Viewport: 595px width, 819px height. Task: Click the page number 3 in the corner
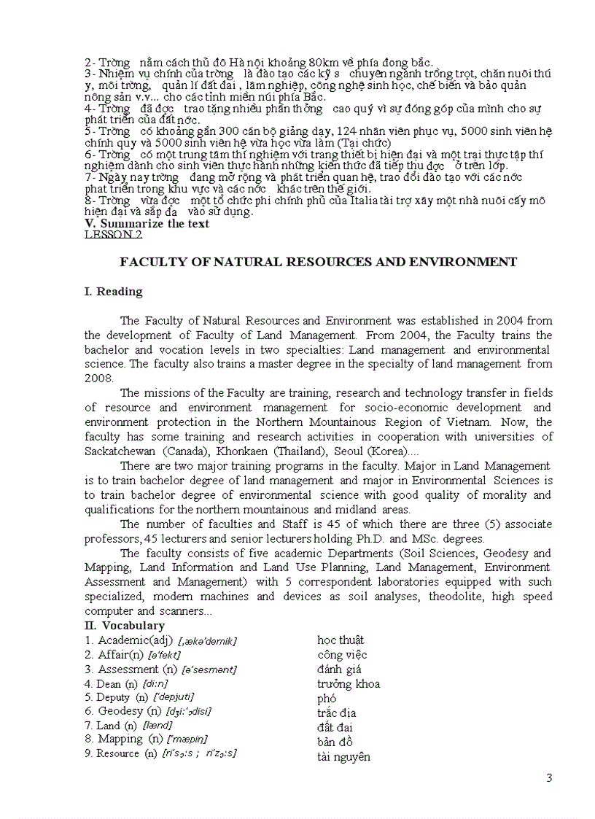click(x=549, y=778)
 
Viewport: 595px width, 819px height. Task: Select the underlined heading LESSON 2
click(x=113, y=235)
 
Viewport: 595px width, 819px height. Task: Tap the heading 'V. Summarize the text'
click(x=147, y=224)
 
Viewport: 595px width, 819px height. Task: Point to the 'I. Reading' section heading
click(x=113, y=292)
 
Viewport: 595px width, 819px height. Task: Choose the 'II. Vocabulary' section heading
click(x=124, y=626)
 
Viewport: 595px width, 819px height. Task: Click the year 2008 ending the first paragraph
click(x=99, y=379)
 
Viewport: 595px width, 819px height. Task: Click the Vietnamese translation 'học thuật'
click(x=341, y=640)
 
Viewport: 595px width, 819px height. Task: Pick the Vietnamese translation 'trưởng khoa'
click(x=348, y=684)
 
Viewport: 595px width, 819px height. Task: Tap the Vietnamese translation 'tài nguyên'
click(x=343, y=757)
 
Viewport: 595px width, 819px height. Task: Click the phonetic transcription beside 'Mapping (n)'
click(x=187, y=740)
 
